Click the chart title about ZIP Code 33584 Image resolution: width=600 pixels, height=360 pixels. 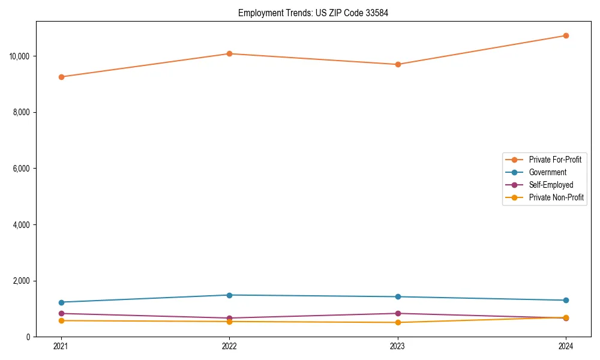[x=313, y=13]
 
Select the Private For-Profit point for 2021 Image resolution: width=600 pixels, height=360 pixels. [x=61, y=77]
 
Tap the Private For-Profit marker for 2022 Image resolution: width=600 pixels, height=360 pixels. [x=229, y=54]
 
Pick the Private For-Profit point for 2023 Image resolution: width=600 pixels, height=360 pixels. [x=398, y=64]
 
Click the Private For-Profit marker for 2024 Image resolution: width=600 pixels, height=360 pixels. [x=566, y=35]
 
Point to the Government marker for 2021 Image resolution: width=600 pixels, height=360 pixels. [x=61, y=302]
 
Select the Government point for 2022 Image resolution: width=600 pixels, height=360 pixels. [x=229, y=295]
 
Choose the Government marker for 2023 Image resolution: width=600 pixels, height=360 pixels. [x=398, y=297]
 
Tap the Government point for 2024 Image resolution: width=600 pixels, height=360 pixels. [x=566, y=301]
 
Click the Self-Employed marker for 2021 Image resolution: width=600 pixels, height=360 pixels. [x=61, y=314]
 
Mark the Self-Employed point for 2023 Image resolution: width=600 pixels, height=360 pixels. [x=398, y=313]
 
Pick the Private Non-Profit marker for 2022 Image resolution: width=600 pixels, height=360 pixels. [x=229, y=322]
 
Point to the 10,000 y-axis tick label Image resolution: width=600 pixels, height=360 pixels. [x=20, y=56]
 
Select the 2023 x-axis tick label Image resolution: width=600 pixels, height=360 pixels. [x=398, y=346]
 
